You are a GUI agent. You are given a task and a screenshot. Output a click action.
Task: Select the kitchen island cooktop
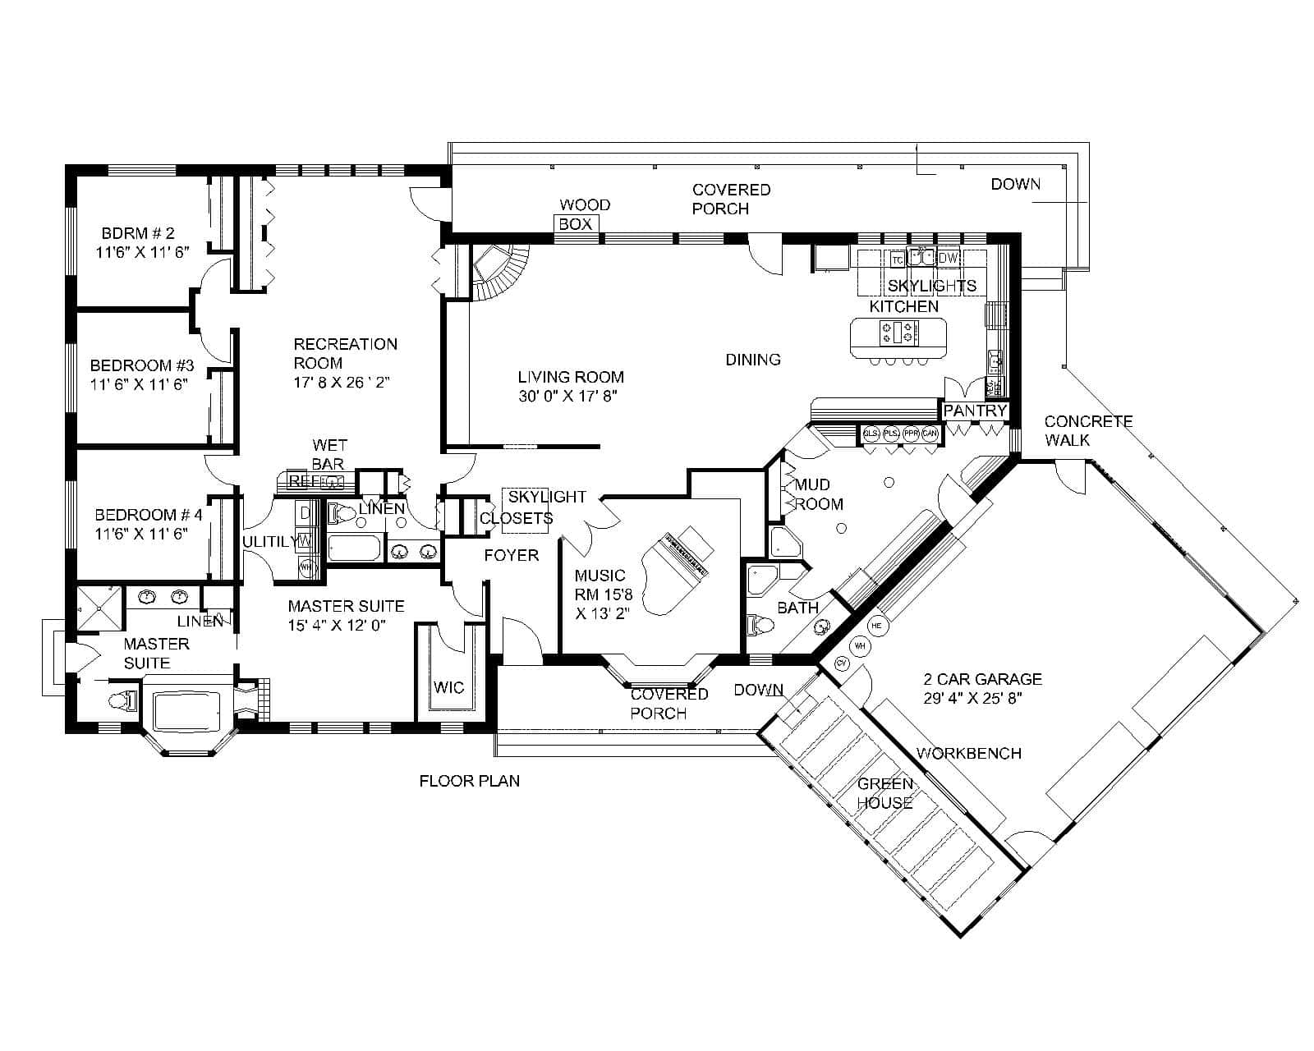tap(898, 333)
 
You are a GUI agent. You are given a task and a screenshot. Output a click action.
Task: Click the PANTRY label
tap(975, 411)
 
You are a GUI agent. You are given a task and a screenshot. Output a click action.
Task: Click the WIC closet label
tap(448, 687)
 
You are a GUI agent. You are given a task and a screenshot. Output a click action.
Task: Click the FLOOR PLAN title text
tap(469, 781)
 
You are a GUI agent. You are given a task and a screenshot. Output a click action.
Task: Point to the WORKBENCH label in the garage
tap(968, 753)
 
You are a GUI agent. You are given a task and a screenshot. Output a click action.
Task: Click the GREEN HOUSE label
tap(884, 793)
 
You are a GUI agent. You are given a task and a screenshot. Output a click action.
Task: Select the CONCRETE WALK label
tap(1087, 430)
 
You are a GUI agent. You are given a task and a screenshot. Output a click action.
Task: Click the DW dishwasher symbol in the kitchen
tap(949, 258)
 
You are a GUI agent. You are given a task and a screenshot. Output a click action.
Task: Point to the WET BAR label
tap(328, 454)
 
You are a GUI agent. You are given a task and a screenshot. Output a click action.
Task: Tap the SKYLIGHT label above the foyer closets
tap(546, 497)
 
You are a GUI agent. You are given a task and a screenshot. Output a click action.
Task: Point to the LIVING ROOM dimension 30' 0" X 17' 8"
tap(567, 397)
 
